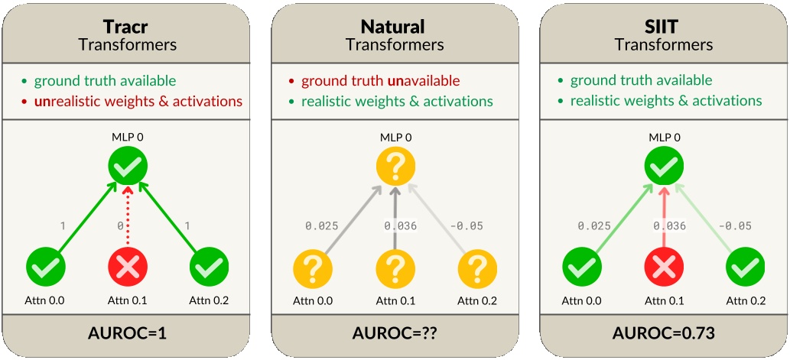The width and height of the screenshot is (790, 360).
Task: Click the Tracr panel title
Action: pos(127,26)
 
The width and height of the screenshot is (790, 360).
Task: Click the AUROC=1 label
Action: pos(127,334)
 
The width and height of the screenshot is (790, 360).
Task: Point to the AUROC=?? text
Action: pos(395,334)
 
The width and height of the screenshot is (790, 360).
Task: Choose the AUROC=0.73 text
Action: pos(664,334)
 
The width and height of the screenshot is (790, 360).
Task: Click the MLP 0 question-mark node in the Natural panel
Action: pos(395,166)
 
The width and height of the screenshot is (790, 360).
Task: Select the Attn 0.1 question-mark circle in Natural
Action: pos(395,267)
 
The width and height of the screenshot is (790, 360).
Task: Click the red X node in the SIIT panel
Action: pos(664,267)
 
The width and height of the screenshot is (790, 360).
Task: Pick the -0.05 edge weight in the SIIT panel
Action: pos(734,226)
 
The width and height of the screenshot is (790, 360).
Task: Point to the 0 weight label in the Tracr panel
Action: pos(119,226)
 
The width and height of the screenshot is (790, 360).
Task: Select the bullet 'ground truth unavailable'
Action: pos(380,81)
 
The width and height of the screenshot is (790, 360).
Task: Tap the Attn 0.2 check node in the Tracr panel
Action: pos(209,267)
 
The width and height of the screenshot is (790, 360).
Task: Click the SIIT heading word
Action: pos(664,26)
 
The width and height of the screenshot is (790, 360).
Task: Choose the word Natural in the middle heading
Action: pos(395,26)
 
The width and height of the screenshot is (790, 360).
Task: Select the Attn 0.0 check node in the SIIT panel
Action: pos(582,267)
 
